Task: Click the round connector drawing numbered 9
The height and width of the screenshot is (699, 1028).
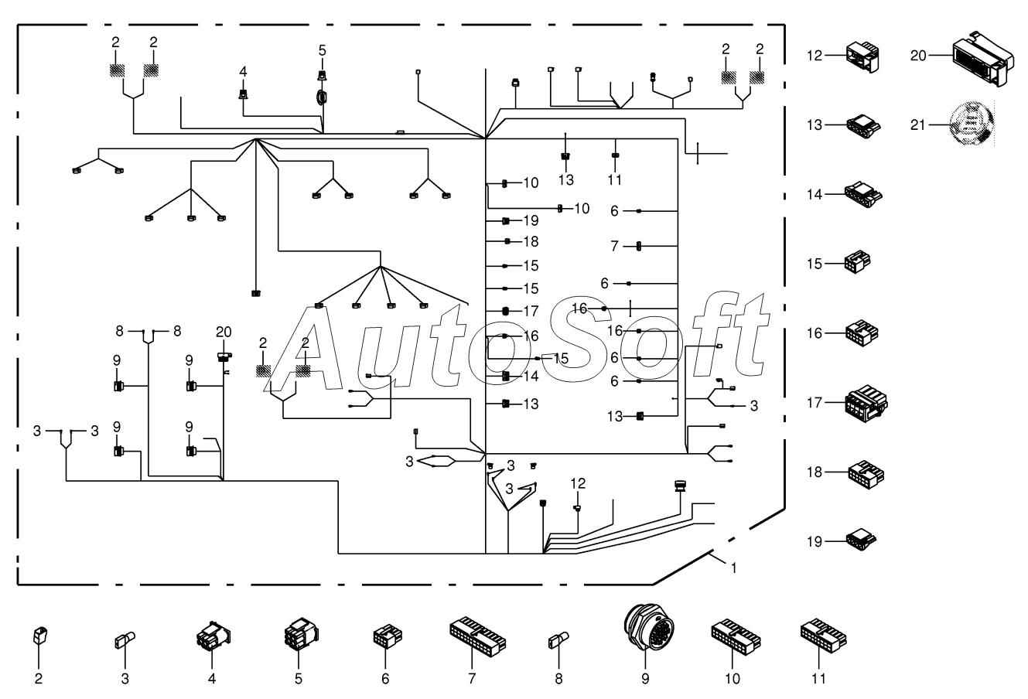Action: pyautogui.click(x=648, y=627)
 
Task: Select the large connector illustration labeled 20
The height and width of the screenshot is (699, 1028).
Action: pyautogui.click(x=983, y=58)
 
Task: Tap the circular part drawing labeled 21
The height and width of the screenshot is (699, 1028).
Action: pyautogui.click(x=972, y=124)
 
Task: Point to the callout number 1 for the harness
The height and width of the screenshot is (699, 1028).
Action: pyautogui.click(x=733, y=568)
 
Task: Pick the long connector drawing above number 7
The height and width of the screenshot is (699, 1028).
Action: pyautogui.click(x=477, y=636)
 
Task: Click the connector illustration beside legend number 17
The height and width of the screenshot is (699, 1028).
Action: pyautogui.click(x=866, y=403)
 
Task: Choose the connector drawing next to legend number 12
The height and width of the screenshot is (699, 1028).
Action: pyautogui.click(x=862, y=57)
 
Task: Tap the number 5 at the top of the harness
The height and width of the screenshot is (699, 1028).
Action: pyautogui.click(x=322, y=50)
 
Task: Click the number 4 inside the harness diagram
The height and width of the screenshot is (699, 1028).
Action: pyautogui.click(x=243, y=72)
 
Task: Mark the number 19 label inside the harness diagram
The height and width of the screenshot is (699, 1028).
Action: pyautogui.click(x=531, y=220)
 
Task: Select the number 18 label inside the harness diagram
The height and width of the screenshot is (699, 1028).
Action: pyautogui.click(x=531, y=242)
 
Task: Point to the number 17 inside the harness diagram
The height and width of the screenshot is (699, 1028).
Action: pyautogui.click(x=531, y=312)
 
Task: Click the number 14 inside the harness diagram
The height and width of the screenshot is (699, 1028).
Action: pyautogui.click(x=531, y=377)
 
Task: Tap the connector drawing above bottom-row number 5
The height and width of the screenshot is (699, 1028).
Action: pyautogui.click(x=301, y=634)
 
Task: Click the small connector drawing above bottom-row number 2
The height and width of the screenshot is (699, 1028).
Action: pyautogui.click(x=40, y=636)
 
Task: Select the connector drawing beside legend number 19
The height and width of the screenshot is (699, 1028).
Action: pyautogui.click(x=861, y=540)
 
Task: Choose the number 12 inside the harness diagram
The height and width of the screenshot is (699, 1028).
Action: pyautogui.click(x=579, y=483)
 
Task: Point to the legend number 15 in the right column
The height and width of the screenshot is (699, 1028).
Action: pyautogui.click(x=815, y=264)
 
